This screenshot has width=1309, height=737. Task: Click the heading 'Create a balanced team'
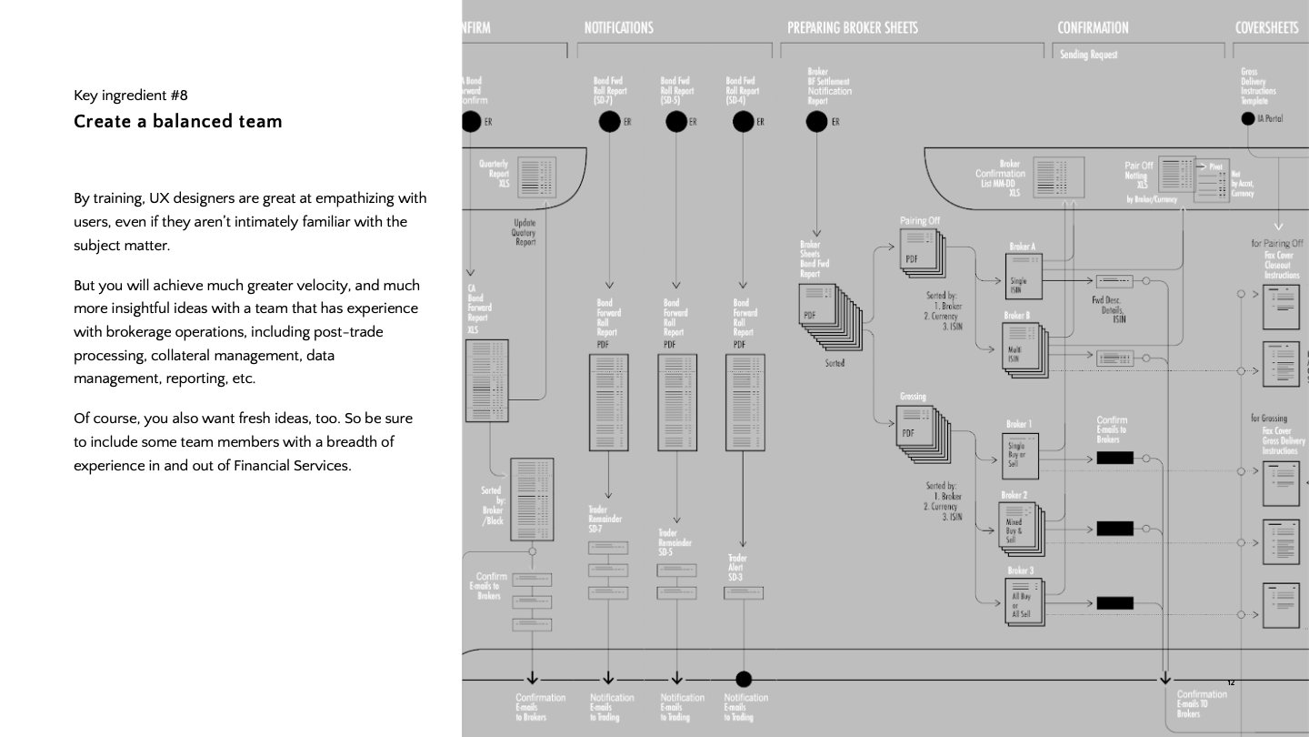coord(178,122)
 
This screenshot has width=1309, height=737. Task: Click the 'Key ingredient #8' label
coord(131,95)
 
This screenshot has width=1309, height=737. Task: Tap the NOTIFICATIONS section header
coord(618,27)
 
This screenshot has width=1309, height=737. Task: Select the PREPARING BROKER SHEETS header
coord(852,27)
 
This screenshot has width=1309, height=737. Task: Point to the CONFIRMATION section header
coord(1093,27)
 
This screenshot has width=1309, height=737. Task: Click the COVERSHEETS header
coord(1266,27)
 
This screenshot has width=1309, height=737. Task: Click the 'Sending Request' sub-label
coord(1089,55)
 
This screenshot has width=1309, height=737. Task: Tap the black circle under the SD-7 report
coord(609,122)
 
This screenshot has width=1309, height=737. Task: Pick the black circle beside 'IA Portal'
coord(1248,118)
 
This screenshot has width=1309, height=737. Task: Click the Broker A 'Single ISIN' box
coord(1022,276)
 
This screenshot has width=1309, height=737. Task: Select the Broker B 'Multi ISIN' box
coord(1022,348)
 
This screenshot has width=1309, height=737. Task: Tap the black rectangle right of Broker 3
coord(1114,602)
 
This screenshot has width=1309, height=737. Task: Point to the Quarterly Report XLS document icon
coord(536,175)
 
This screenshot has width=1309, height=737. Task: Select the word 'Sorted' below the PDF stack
coord(834,363)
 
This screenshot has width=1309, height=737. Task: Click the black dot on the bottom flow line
coord(744,679)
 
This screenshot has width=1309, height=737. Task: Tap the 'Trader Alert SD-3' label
coord(737,568)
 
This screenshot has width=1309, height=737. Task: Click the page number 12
coord(1231,682)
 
